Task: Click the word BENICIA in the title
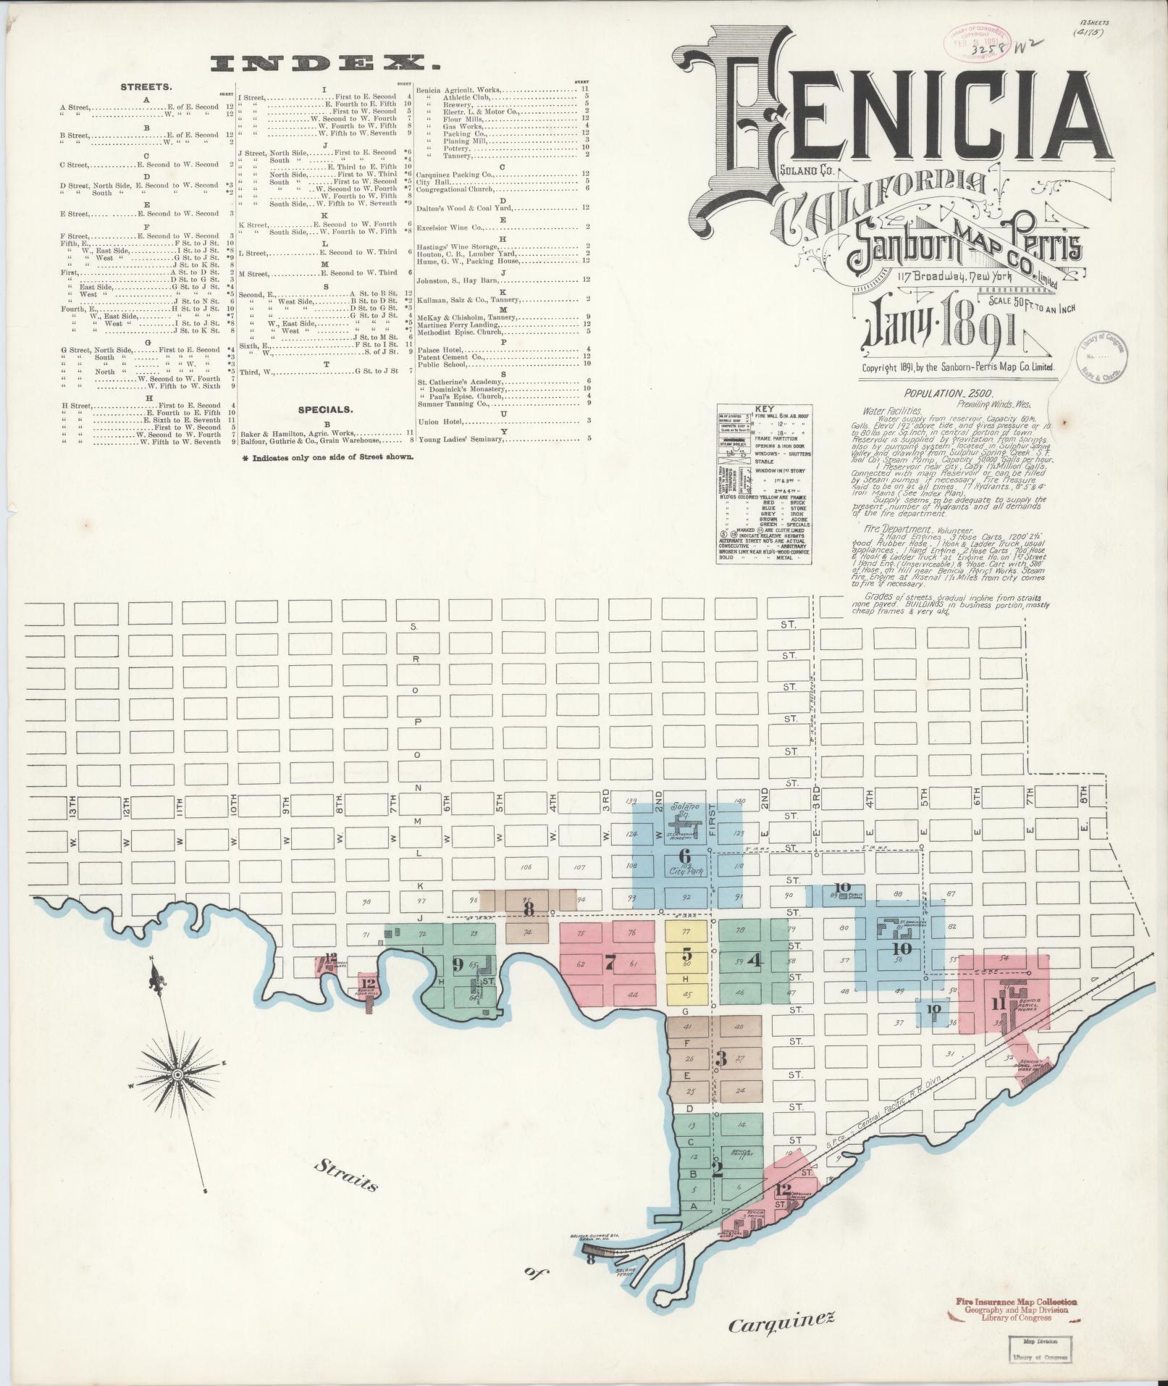[891, 123]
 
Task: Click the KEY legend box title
[764, 409]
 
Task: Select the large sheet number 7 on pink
[610, 963]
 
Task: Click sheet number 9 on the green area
[457, 963]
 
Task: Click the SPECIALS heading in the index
[325, 409]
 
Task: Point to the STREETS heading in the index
[146, 86]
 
